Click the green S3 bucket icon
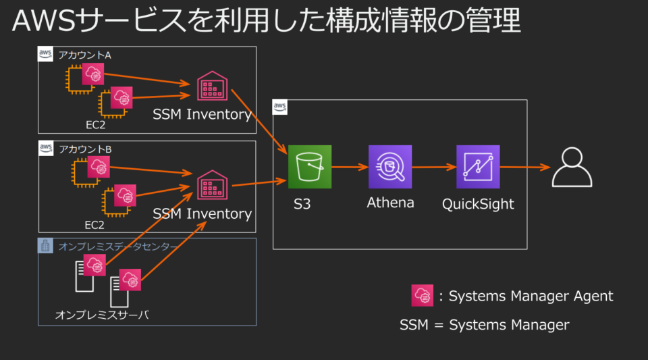point(310,167)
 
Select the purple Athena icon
point(390,167)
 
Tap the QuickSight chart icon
point(478,167)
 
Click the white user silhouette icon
point(572,167)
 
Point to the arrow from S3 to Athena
point(350,167)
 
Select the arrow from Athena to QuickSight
point(434,167)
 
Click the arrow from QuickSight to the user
point(525,168)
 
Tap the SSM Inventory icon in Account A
point(212,86)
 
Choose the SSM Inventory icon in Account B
point(212,185)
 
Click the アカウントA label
point(85,55)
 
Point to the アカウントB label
point(85,149)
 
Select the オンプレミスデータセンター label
point(117,247)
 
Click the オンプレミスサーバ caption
point(102,315)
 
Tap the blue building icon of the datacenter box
point(45,246)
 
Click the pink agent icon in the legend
point(423,296)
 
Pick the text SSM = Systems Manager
point(485,325)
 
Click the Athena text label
point(391,203)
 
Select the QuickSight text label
point(478,204)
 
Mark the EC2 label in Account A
point(95,125)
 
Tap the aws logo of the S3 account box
point(279,107)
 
